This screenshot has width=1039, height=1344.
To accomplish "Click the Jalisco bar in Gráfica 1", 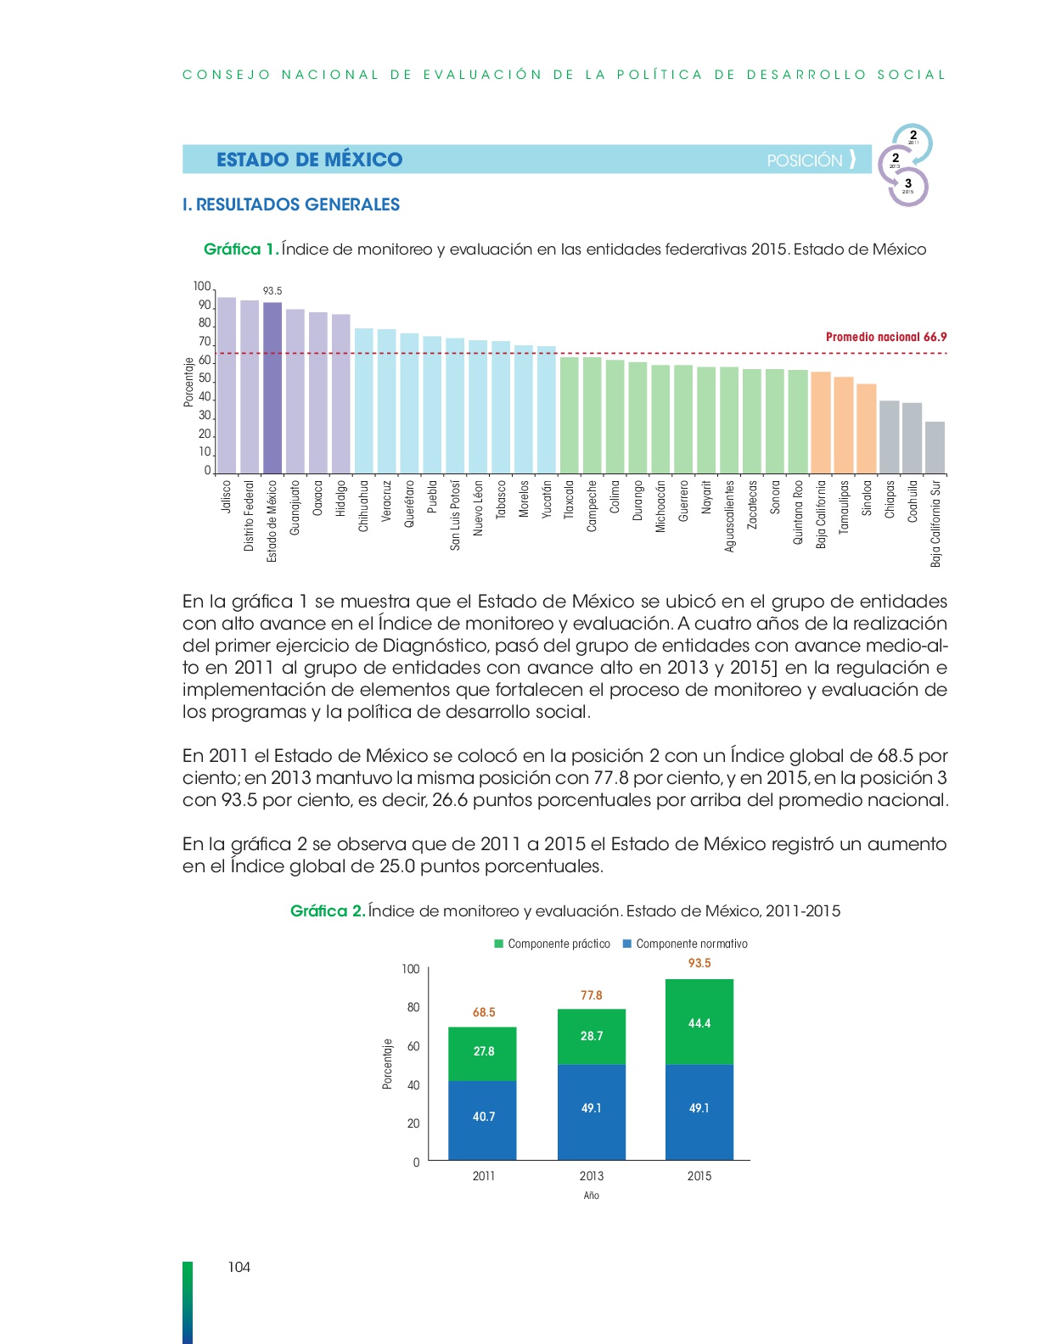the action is click(227, 385).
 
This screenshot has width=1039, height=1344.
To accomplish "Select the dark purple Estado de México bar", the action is click(272, 389).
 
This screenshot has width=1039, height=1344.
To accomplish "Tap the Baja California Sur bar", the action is click(935, 448).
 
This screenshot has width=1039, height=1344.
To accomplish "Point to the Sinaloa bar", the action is click(867, 428).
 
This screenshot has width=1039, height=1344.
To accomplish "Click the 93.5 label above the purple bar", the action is click(272, 291).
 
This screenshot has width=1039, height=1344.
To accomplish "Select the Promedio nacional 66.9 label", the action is click(885, 337).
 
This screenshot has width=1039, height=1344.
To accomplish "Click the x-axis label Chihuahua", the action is click(363, 506).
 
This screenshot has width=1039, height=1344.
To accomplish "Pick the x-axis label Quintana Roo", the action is click(798, 512).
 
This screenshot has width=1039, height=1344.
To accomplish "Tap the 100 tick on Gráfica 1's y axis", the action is click(202, 287).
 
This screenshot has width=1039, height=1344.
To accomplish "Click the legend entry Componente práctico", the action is click(552, 944).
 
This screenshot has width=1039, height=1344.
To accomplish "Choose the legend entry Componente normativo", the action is click(685, 944).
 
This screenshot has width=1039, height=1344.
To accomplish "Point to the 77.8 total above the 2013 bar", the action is click(591, 995).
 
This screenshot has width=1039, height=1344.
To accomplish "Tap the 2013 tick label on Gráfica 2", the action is click(591, 1176).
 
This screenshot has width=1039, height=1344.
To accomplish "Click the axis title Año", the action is click(591, 1196).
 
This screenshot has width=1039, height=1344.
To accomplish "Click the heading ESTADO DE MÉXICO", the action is click(310, 160).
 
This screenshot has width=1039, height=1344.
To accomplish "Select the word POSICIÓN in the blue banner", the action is click(805, 161).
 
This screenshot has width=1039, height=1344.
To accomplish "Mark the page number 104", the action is click(239, 1268).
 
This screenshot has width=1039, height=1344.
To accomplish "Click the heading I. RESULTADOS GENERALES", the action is click(291, 204).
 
